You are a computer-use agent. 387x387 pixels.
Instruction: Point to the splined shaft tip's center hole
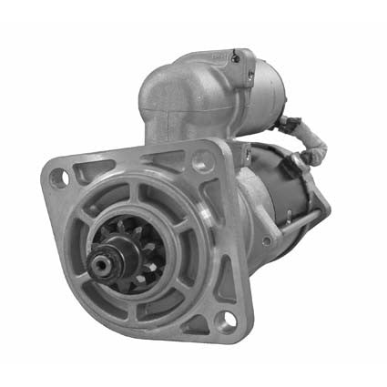[98, 265]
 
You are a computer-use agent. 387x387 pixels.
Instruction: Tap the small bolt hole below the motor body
[266, 240]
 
